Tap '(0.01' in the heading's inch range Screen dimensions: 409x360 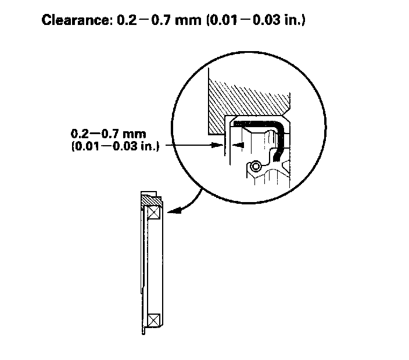pyautogui.click(x=199, y=22)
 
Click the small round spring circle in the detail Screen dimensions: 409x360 pyautogui.click(x=254, y=167)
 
